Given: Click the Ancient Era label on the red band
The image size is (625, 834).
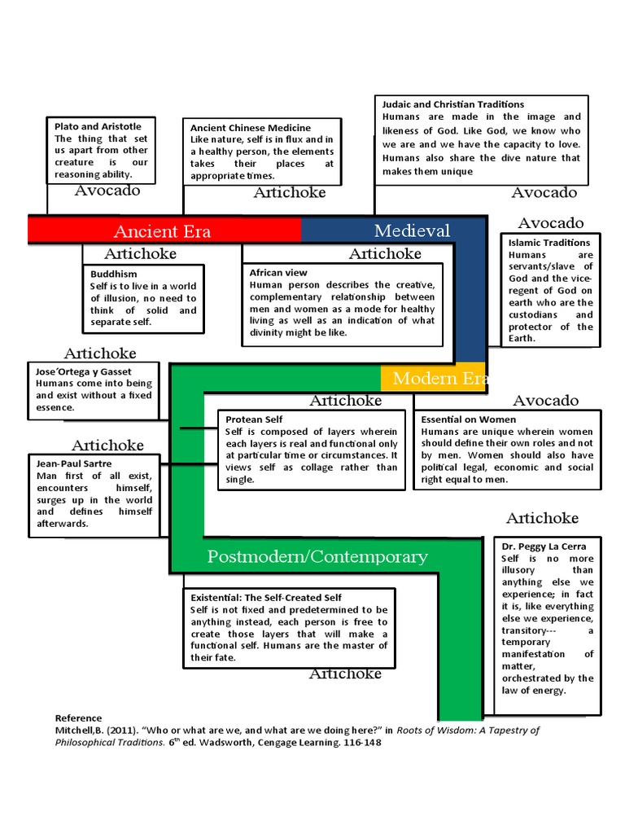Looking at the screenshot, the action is (162, 230).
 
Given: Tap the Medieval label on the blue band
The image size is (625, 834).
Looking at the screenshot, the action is (412, 230).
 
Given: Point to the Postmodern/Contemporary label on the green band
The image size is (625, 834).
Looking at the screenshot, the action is (317, 557).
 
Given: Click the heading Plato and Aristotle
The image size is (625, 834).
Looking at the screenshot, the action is (98, 126).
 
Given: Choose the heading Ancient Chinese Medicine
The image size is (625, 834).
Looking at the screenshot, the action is (251, 128).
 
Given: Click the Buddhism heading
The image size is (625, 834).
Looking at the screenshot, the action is (114, 274).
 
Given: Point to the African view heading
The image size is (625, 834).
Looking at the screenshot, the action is (278, 273).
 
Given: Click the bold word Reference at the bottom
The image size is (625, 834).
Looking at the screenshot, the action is (78, 718).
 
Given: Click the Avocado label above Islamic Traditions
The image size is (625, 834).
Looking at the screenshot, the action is (551, 223).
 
